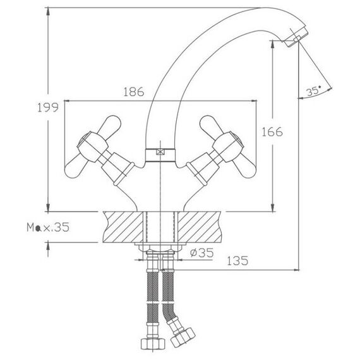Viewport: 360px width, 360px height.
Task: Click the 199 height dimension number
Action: [x=48, y=107]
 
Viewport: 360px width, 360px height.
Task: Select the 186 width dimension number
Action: [x=134, y=92]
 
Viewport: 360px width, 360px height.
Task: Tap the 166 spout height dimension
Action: [x=272, y=132]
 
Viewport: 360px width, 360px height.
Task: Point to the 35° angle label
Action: [x=314, y=91]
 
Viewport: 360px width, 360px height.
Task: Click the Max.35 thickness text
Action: [x=48, y=227]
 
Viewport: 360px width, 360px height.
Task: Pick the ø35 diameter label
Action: [x=202, y=253]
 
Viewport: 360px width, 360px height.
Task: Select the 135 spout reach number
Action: [x=237, y=261]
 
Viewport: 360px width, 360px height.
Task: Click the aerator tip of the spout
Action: [x=296, y=37]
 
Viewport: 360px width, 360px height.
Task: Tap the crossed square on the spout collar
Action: [x=160, y=152]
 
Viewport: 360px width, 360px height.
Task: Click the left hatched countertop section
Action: [x=123, y=227]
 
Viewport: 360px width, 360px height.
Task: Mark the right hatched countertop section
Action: [x=199, y=227]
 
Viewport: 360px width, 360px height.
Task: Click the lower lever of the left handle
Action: [x=76, y=167]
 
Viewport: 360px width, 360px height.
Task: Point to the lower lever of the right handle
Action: [x=244, y=167]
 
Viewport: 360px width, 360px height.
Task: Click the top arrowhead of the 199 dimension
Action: [x=48, y=11]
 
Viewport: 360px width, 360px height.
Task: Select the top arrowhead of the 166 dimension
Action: [x=272, y=45]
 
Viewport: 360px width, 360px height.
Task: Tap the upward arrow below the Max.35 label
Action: [x=48, y=249]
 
